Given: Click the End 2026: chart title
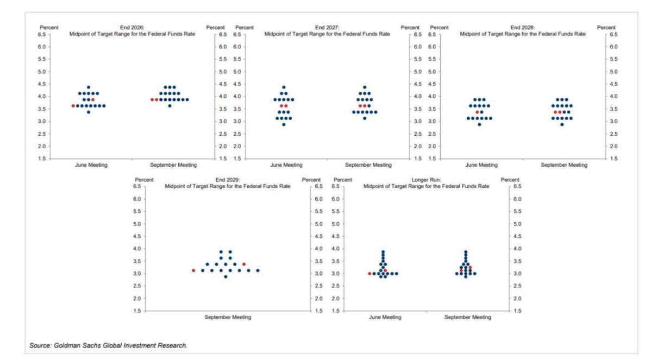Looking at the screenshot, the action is (x=132, y=27).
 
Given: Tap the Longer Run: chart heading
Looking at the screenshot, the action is (x=426, y=180).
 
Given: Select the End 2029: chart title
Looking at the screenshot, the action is (x=228, y=180).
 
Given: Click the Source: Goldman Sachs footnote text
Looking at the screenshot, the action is (x=108, y=345).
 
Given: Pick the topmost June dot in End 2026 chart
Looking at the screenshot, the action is (x=89, y=87).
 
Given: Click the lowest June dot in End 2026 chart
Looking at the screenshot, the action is (x=89, y=112).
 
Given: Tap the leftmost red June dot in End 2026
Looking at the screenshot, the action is (x=73, y=106).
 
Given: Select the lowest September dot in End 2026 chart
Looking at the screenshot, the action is (x=170, y=106).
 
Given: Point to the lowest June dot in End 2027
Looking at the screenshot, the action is (x=284, y=124).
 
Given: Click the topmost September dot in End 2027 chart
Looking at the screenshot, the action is (x=365, y=87).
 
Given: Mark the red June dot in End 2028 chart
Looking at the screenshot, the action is (x=478, y=112).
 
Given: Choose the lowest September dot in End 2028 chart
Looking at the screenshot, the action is (x=562, y=124).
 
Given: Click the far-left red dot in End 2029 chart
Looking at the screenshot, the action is (x=193, y=270).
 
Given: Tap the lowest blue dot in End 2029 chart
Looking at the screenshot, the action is (x=225, y=276).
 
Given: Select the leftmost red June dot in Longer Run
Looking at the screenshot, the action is (x=369, y=274).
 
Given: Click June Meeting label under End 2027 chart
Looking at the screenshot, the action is (x=286, y=165).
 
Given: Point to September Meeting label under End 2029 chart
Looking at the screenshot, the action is (x=228, y=317).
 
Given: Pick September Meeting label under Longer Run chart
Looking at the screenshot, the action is (x=468, y=317).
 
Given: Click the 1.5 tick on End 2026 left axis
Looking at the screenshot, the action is (x=42, y=159).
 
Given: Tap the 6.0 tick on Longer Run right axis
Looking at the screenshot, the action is (x=517, y=199).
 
